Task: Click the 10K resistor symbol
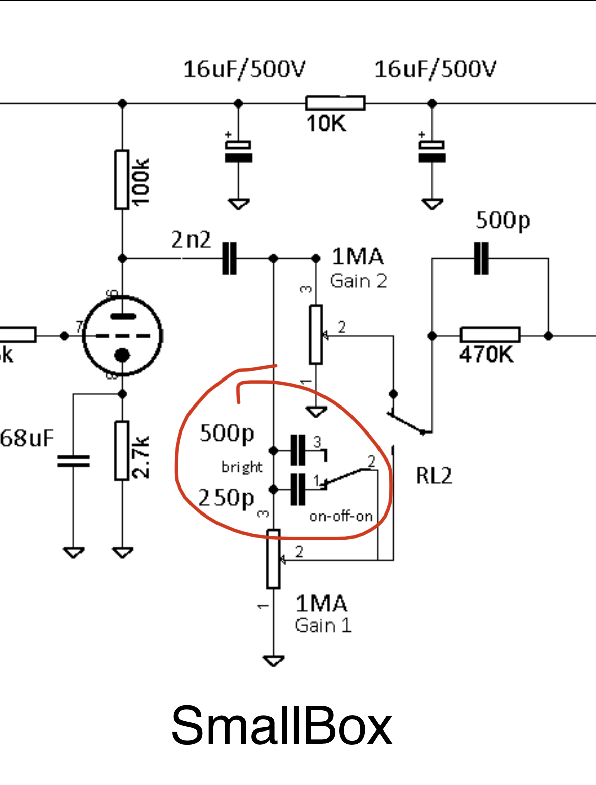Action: pos(335,103)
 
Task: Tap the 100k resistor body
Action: pos(122,179)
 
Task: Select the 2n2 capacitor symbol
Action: pos(230,258)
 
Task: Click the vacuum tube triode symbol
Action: pos(122,336)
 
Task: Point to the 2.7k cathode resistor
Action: pos(122,451)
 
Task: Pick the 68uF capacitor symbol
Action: pos(73,461)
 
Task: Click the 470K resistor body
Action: pos(490,335)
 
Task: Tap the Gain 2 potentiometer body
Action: pos(316,335)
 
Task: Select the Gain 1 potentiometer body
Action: pos(274,559)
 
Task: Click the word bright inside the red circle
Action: pos(242,467)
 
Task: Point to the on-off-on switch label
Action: pos(341,516)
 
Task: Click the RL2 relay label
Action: pos(434,476)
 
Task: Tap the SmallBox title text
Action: pos(281,725)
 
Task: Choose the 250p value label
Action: pos(226,498)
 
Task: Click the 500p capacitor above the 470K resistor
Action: pos(481,258)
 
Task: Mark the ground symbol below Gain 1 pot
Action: pos(274,661)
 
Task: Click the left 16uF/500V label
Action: pos(244,69)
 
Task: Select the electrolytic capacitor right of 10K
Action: pos(432,151)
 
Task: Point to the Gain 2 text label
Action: pos(358,281)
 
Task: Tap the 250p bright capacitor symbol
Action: pos(297,490)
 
